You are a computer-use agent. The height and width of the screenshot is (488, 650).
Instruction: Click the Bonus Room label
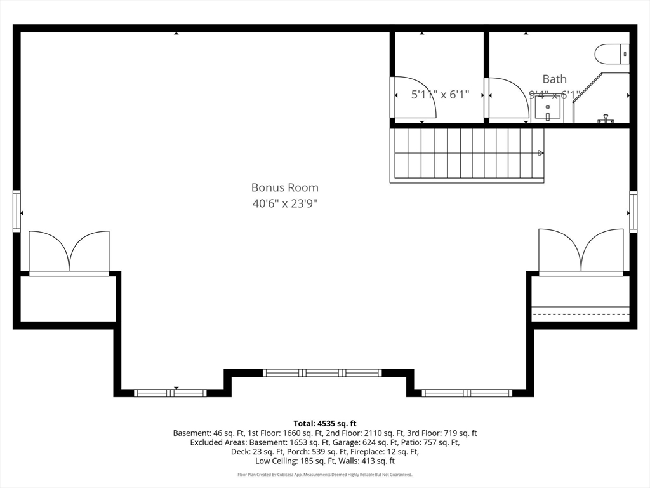284,187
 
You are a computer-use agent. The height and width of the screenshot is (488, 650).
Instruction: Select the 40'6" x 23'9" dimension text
284,204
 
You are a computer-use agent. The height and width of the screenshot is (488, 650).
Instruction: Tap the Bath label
554,79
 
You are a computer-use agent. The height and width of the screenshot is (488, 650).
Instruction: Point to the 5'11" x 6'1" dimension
440,95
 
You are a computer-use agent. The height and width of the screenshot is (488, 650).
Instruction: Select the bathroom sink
547,109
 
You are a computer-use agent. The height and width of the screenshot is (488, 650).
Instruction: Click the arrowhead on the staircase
541,153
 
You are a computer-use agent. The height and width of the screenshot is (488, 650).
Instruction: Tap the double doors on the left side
69,252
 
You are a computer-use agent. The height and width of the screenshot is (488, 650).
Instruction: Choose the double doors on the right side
581,251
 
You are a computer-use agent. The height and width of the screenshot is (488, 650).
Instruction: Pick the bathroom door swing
507,98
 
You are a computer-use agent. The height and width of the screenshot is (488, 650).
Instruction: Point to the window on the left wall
17,211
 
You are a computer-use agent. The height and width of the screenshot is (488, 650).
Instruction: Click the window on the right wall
633,211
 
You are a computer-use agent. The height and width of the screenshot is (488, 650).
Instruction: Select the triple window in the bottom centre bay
322,373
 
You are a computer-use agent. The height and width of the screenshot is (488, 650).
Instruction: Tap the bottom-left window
170,393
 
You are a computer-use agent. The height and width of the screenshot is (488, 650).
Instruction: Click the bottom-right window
467,393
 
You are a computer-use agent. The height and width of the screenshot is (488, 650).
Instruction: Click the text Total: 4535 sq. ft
325,423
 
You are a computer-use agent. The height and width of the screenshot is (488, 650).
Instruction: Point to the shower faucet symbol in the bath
606,119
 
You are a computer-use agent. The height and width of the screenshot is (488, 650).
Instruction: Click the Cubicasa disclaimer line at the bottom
325,475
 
